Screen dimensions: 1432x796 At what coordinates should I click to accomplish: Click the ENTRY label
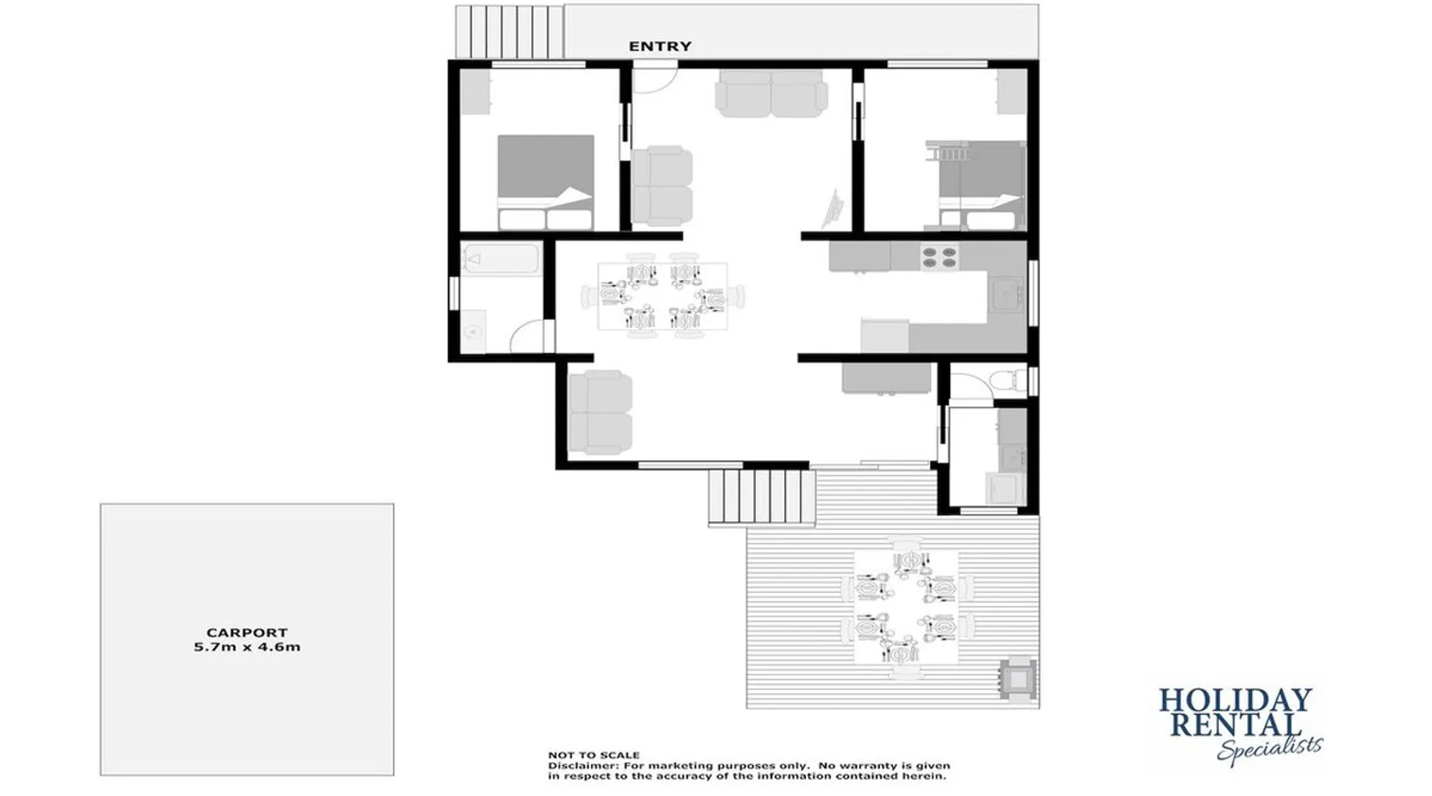tap(660, 46)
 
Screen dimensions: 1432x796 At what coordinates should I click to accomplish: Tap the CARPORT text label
tap(247, 633)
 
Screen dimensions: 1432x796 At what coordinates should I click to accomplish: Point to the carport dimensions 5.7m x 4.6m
tap(247, 647)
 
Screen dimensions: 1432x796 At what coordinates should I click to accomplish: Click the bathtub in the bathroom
tap(500, 259)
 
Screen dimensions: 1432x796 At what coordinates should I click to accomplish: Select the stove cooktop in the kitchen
tap(940, 257)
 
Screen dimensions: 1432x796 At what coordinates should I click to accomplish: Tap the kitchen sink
tap(1007, 294)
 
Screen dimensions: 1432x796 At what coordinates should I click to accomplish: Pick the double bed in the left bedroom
tap(546, 182)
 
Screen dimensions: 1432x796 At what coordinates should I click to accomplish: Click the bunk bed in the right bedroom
tap(975, 185)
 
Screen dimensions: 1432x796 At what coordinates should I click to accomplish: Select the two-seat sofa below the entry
tap(771, 93)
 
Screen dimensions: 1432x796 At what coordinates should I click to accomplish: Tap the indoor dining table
tap(663, 296)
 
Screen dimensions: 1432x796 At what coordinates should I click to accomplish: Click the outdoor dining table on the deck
tap(906, 607)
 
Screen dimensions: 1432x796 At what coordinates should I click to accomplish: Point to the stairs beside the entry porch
tap(509, 32)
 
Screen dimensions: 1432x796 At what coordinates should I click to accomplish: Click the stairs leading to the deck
tap(762, 497)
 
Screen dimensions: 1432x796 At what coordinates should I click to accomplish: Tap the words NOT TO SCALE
tap(593, 755)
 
